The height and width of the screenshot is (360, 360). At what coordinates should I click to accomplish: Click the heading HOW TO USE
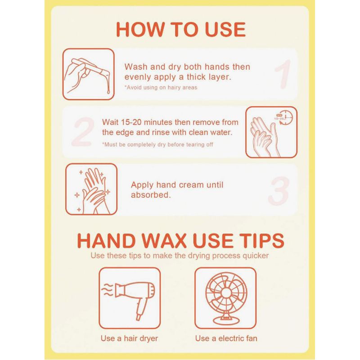pos(181,30)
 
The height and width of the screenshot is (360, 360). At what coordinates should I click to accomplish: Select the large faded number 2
pos(83,132)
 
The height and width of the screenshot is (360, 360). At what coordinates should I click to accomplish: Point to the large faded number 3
pos(279,191)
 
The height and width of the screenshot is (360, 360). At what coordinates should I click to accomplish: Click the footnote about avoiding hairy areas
pos(161,87)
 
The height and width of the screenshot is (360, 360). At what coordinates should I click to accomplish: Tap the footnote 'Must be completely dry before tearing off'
pos(158,144)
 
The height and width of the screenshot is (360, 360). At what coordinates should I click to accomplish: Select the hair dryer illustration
pos(129,298)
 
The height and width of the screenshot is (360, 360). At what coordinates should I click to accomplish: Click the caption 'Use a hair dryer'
pos(129,338)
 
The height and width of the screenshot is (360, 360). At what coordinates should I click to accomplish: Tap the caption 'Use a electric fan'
pos(226,338)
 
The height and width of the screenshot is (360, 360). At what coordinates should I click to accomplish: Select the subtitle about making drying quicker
pos(180,256)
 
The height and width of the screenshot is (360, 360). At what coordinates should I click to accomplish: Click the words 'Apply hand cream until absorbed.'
pos(177,190)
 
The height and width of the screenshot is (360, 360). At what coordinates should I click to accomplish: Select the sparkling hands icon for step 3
pos(91,189)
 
